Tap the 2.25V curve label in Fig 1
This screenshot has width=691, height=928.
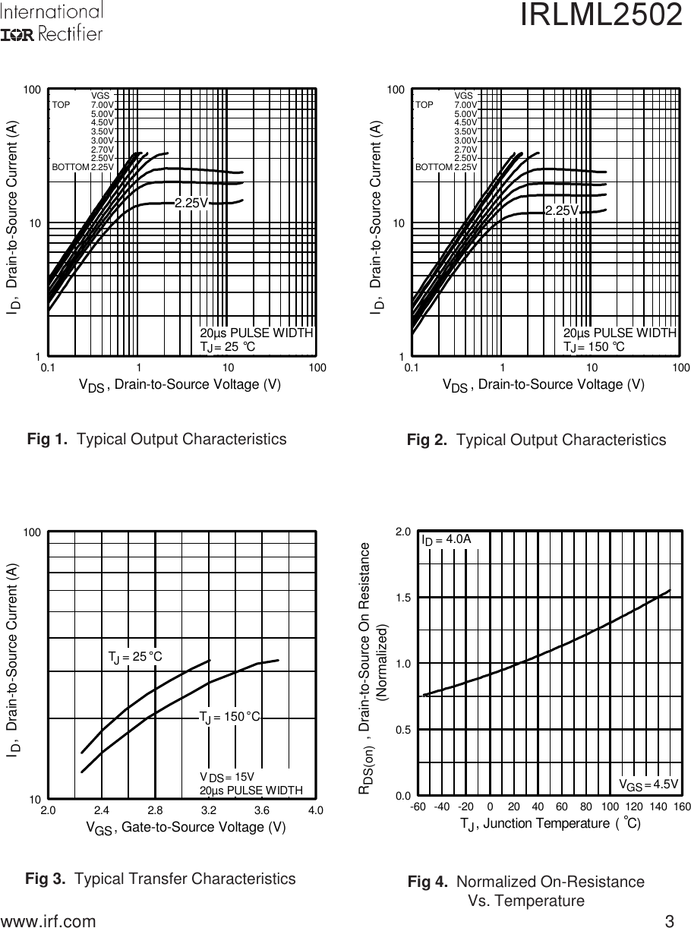(191, 204)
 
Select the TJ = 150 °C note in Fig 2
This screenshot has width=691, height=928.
(594, 347)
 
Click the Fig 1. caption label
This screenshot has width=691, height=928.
(50, 439)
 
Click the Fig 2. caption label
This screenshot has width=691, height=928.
(430, 440)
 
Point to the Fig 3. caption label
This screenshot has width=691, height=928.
(49, 879)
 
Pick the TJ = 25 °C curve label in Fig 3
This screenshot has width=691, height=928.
(135, 656)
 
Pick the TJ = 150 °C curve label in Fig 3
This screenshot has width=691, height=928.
(230, 717)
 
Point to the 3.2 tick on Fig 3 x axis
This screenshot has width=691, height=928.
(209, 810)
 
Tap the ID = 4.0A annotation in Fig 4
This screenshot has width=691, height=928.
(446, 539)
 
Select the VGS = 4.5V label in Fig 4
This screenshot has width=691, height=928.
(648, 784)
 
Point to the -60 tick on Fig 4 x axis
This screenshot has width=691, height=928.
(418, 806)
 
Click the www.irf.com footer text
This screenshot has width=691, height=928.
(49, 921)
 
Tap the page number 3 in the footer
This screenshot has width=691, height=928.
(669, 921)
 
